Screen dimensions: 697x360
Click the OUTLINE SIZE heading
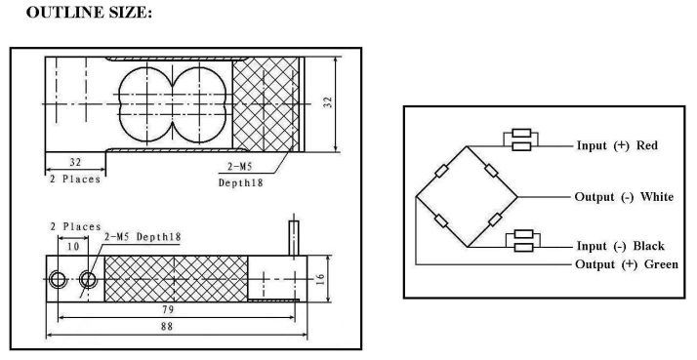tap(89, 12)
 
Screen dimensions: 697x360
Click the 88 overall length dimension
tap(167, 326)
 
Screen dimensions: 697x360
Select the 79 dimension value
tap(168, 309)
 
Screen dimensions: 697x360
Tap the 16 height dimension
tap(321, 279)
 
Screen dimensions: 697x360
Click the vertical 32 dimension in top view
tap(328, 102)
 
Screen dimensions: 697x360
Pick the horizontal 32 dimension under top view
tap(75, 162)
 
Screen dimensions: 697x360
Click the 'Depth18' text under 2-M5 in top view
tap(240, 182)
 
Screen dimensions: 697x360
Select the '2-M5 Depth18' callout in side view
tap(143, 236)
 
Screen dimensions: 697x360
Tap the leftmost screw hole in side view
tap(58, 280)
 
